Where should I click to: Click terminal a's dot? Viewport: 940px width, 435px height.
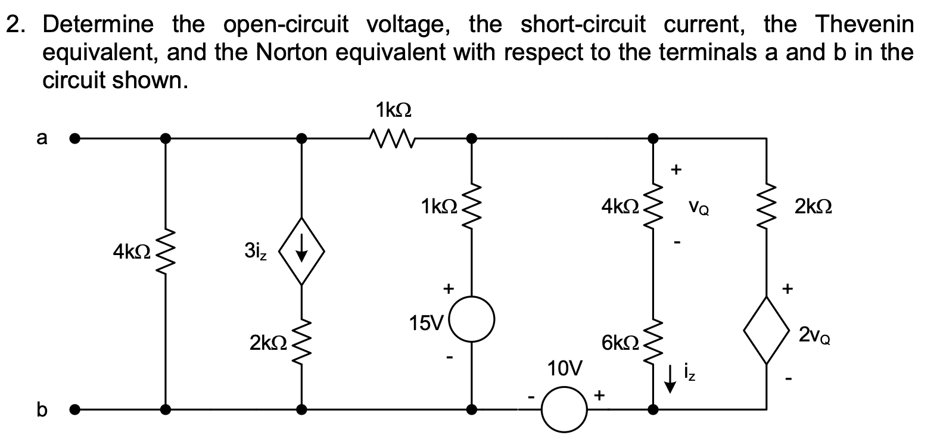click(74, 139)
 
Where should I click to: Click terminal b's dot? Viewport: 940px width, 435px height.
click(74, 409)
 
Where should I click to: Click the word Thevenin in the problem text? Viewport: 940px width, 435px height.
click(863, 24)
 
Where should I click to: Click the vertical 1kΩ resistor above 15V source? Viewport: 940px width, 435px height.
click(471, 209)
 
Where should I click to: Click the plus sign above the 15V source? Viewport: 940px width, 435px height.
click(447, 289)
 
